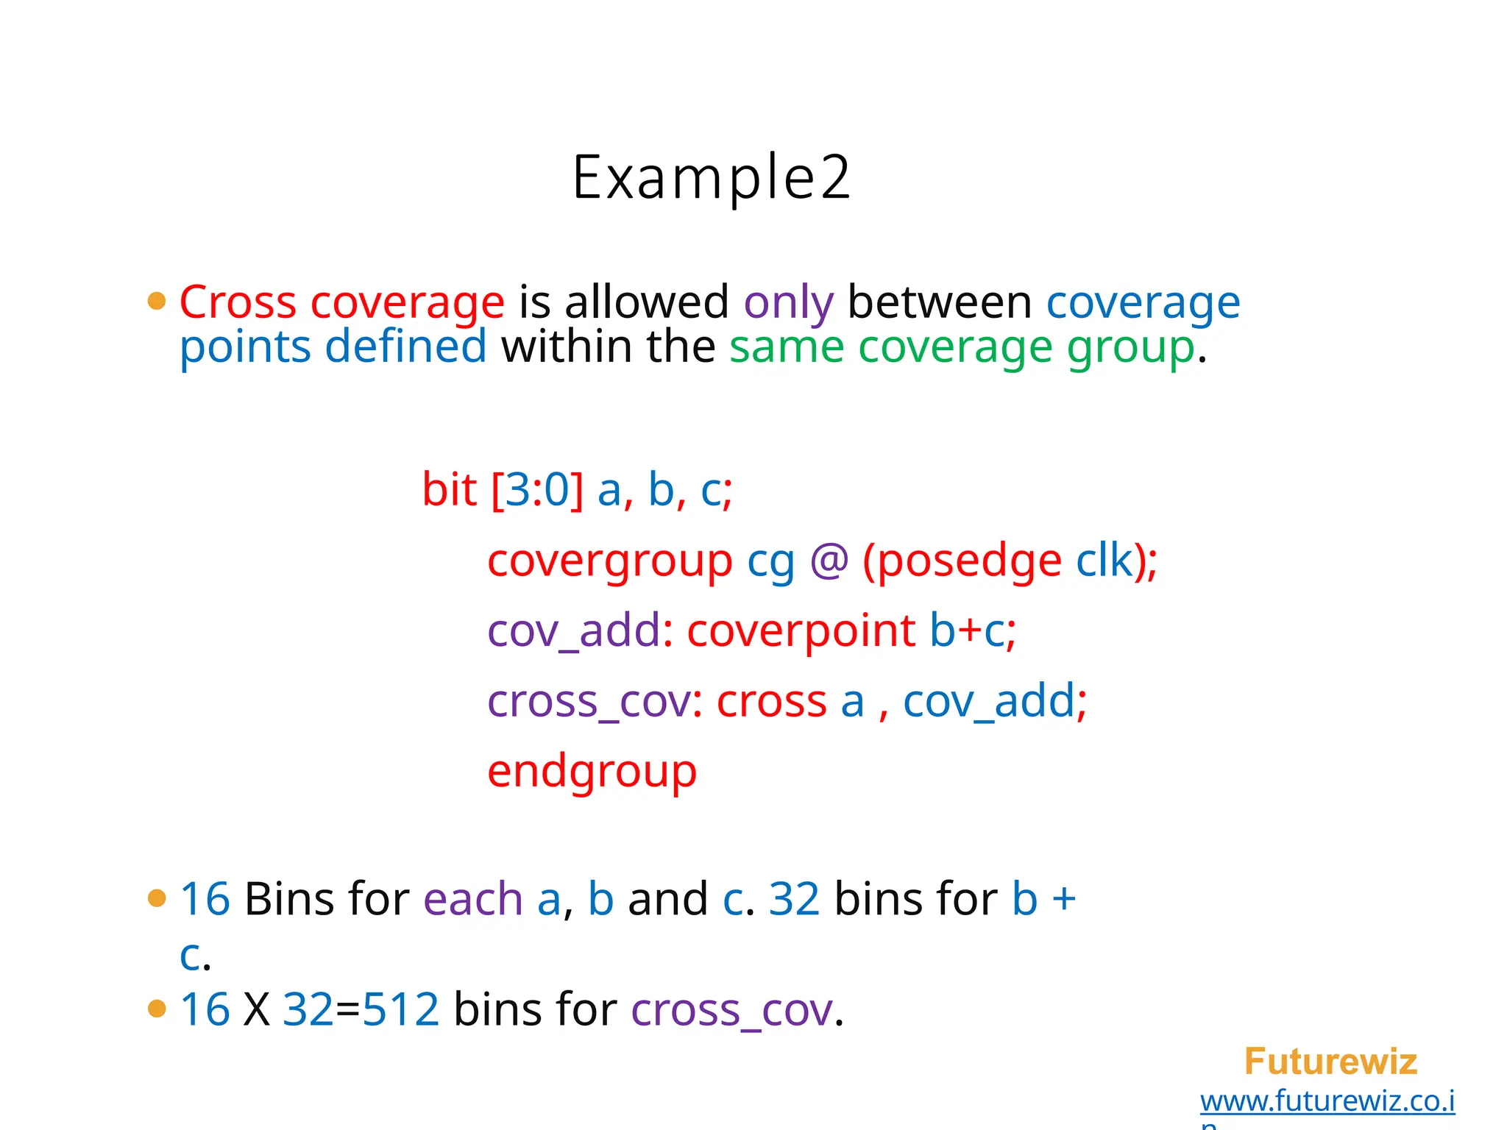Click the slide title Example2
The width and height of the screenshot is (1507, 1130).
pos(711,178)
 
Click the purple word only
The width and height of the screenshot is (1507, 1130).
pos(788,302)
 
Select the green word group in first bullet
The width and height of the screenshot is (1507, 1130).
pos(1130,347)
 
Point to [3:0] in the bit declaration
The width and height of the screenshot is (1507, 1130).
pos(536,490)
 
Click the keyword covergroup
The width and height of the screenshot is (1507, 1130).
pos(609,561)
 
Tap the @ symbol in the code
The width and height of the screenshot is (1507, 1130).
pos(829,561)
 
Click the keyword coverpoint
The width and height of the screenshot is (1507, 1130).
pos(801,631)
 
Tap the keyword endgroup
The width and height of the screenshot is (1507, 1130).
pos(592,772)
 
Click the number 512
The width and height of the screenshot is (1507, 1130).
pos(401,1009)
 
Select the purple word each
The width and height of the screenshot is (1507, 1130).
pos(472,899)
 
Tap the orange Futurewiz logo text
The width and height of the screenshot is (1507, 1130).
pos(1330,1062)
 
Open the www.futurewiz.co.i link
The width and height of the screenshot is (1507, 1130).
pos(1327,1101)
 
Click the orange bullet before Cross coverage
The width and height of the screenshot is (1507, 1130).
pos(157,301)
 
